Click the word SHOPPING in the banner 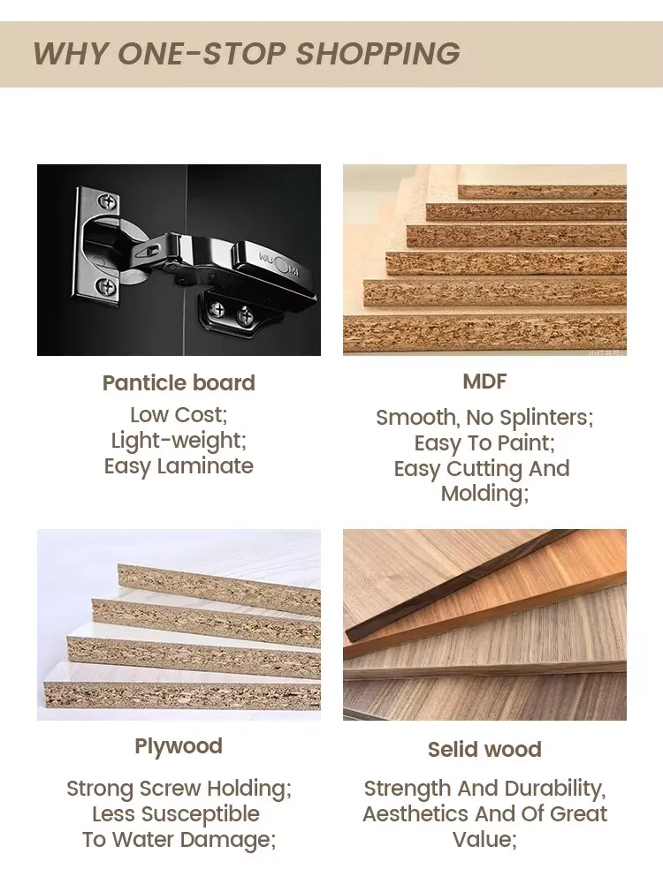tap(377, 54)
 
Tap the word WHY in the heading tap(71, 54)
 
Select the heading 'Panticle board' tap(179, 383)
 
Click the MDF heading tap(484, 382)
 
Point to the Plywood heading tap(179, 746)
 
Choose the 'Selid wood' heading tap(484, 749)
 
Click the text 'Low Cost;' tap(179, 415)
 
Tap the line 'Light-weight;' tap(179, 441)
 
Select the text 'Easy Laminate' tap(179, 466)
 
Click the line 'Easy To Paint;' tap(484, 443)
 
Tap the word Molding tap(482, 493)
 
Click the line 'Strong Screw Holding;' tap(179, 789)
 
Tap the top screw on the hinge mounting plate tap(107, 201)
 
